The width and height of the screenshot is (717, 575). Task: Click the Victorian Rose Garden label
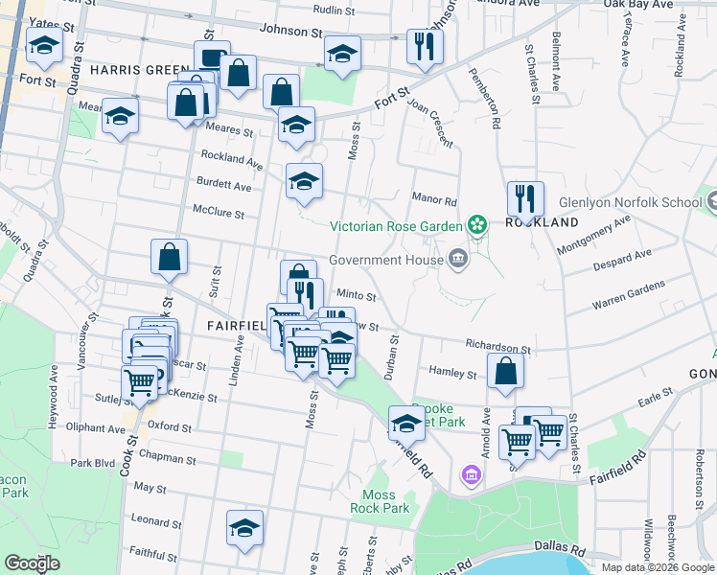click(x=396, y=227)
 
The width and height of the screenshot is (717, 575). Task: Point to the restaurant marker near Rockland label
click(x=524, y=198)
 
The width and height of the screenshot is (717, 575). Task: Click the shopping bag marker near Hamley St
click(x=505, y=371)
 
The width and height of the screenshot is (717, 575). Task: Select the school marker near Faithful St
click(x=244, y=527)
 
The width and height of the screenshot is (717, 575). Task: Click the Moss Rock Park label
click(x=386, y=501)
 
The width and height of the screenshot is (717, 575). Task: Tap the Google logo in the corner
click(x=33, y=563)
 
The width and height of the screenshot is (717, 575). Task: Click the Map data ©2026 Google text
click(x=657, y=567)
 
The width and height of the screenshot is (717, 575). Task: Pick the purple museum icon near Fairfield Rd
click(x=471, y=474)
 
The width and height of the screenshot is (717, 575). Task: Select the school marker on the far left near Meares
click(x=120, y=116)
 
